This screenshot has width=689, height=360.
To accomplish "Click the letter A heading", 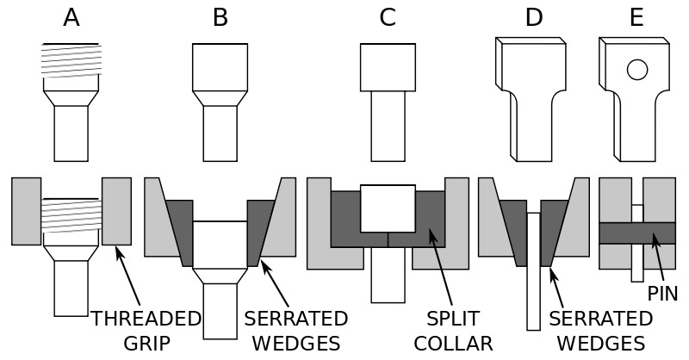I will coord(71,16).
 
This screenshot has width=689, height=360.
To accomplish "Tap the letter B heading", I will coord(220,16).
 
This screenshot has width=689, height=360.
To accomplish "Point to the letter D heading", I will coord(534,16).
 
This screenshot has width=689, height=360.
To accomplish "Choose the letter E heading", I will coord(637,16).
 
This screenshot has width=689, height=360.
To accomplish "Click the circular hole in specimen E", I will coord(637,69).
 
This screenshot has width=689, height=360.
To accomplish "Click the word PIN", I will coord(661,295).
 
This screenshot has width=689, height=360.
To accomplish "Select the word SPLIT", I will coord(454,319).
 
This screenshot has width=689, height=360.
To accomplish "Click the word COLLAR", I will coord(454,344).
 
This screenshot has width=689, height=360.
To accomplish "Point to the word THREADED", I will coord(146,319).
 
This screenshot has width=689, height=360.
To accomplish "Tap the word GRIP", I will coord(146,344).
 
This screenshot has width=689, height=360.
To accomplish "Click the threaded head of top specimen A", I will coord(71,61).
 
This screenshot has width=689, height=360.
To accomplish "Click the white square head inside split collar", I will coord(388,208).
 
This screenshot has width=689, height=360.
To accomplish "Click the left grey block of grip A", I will coord(27,211).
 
